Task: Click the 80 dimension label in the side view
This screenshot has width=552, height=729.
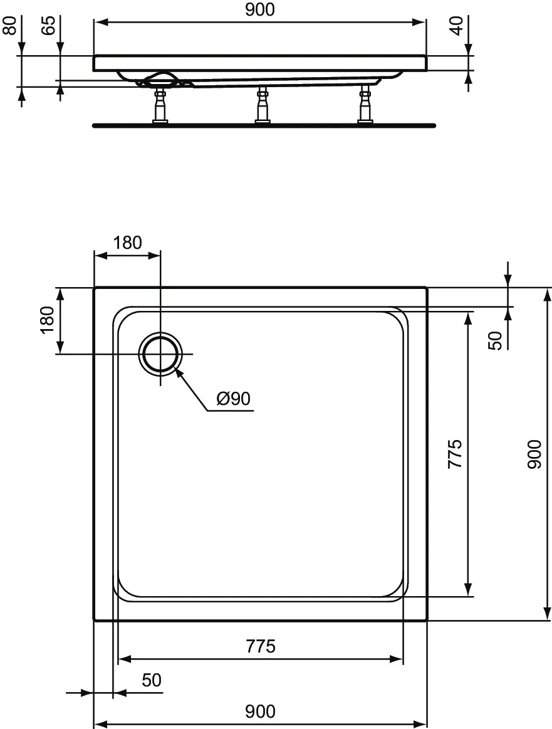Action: point(10,28)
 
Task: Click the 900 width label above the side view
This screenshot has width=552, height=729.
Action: point(259,9)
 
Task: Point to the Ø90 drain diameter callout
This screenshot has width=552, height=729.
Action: point(233,398)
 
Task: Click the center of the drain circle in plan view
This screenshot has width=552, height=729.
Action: point(161,354)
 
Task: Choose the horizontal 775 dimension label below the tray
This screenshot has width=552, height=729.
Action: point(260,646)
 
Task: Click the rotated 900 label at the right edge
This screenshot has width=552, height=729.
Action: point(534,454)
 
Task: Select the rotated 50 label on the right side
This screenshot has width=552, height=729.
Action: point(495,340)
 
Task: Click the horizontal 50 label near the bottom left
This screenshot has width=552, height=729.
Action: point(152,680)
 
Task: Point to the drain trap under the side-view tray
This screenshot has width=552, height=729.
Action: point(161,79)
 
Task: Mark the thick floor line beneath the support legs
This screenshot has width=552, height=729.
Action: point(263,125)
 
